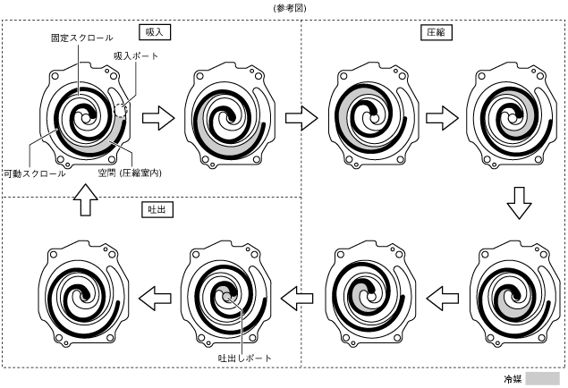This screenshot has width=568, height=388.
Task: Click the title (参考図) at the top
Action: [x=284, y=7]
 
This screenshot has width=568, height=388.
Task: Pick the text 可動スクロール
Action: [x=33, y=173]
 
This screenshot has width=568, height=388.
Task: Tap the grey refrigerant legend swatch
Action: [x=542, y=378]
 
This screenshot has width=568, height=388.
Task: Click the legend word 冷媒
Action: [x=513, y=379]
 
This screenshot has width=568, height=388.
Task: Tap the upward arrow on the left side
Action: [x=82, y=203]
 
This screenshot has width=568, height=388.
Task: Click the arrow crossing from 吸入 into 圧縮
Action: [x=302, y=117]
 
